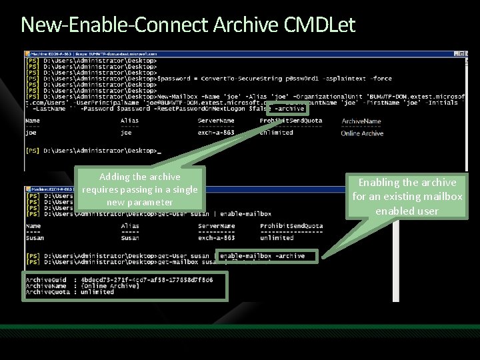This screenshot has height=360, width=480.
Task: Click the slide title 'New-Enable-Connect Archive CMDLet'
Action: tap(188, 25)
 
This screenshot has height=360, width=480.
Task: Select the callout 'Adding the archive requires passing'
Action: tap(139, 189)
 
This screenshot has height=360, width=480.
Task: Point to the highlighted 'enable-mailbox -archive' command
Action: tap(262, 255)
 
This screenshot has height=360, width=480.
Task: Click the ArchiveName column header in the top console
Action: tap(361, 121)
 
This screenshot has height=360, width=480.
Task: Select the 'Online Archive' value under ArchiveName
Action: tap(362, 133)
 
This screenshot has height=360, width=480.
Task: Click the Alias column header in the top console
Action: tap(129, 121)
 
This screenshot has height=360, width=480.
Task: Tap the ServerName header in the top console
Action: tap(216, 121)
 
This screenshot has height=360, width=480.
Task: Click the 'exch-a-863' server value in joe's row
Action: tap(216, 133)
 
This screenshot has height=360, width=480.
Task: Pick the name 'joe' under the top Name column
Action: tap(31, 133)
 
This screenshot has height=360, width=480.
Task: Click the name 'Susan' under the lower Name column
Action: tap(35, 238)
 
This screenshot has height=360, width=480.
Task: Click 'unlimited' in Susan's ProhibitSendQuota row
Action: tap(277, 238)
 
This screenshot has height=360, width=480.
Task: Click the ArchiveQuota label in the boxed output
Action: tap(47, 292)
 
